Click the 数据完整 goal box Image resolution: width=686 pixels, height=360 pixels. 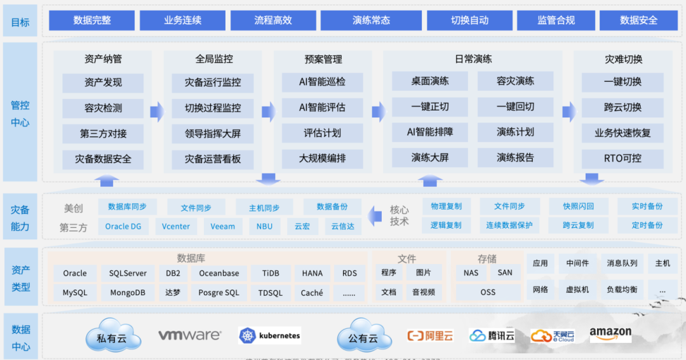tap(93, 20)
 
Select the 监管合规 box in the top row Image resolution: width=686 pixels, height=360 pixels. tap(556, 20)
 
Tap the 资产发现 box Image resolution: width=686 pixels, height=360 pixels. tap(103, 83)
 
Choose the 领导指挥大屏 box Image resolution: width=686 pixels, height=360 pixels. tap(213, 133)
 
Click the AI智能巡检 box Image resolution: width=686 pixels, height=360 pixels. tap(323, 83)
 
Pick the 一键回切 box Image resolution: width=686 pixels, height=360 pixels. tap(515, 107)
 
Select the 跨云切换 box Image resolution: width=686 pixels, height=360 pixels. tap(622, 108)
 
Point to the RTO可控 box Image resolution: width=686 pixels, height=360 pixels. tap(622, 158)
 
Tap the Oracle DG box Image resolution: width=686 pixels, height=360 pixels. tap(123, 226)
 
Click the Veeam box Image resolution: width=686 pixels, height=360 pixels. tap(223, 226)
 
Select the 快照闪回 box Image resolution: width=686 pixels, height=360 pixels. tap(578, 206)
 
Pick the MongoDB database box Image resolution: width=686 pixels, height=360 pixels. tap(128, 293)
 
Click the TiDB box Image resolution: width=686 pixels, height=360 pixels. tap(270, 273)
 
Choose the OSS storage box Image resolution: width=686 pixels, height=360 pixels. tap(488, 293)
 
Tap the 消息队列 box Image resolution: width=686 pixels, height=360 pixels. tap(622, 263)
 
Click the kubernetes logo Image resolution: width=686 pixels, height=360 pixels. tap(269, 336)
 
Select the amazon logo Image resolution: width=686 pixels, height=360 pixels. tap(610, 335)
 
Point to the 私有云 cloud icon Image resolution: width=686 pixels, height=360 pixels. tap(111, 337)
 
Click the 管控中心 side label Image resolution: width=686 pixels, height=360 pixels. tap(20, 113)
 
